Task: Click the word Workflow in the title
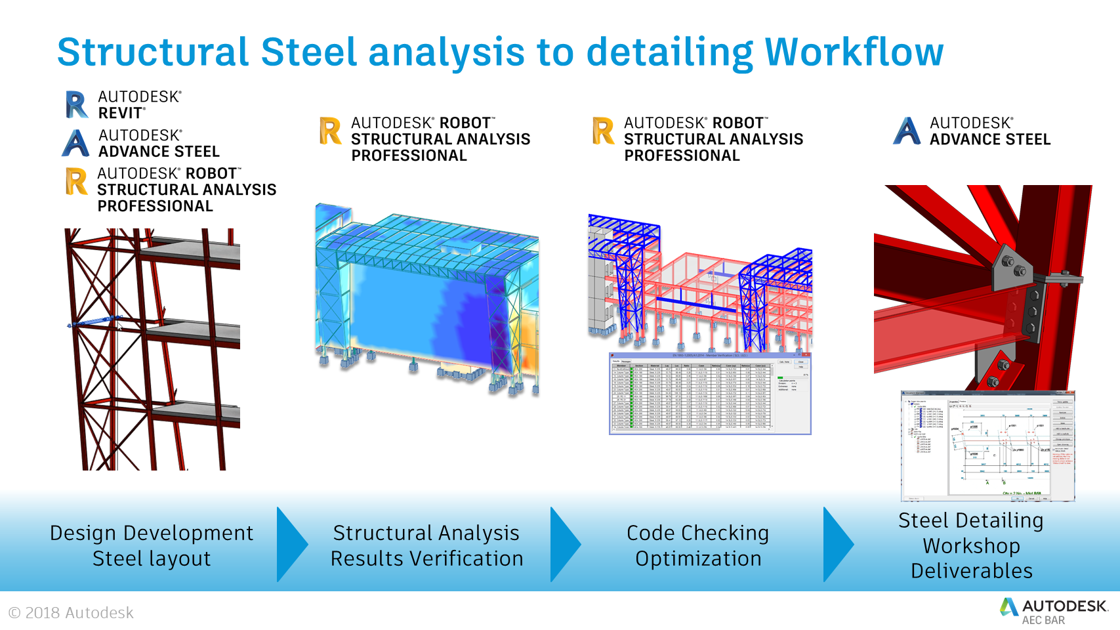(854, 52)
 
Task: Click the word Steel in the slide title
(309, 52)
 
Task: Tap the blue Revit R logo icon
(77, 105)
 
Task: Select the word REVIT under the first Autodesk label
(121, 114)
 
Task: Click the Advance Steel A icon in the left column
(76, 143)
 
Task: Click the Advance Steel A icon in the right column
(907, 131)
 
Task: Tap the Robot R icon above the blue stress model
(330, 131)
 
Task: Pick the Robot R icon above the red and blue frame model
(603, 131)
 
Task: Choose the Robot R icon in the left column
(76, 181)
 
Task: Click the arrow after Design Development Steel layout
(291, 545)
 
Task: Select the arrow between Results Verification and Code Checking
(564, 545)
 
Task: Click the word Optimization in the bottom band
(698, 559)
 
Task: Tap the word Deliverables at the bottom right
(972, 571)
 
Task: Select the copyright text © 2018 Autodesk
(71, 613)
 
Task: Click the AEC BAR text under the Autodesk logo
(1043, 620)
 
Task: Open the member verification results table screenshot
(710, 394)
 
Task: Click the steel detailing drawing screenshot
(987, 446)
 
